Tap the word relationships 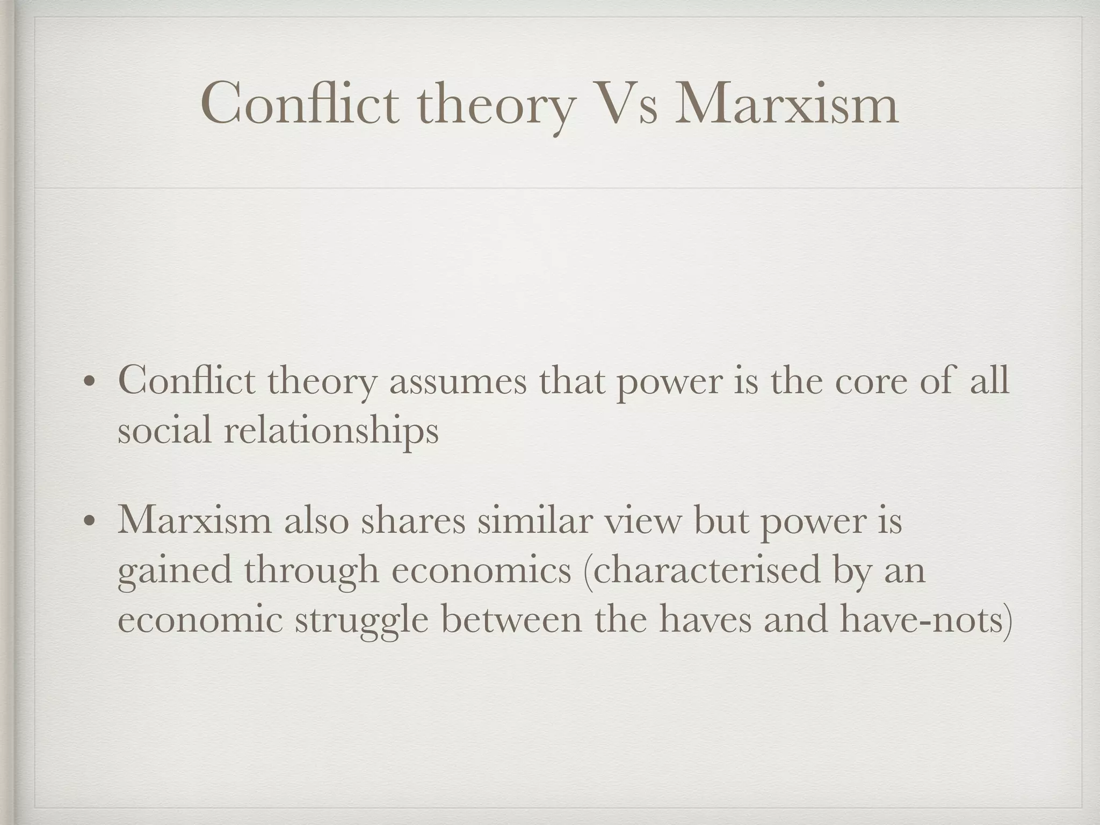[331, 431]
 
